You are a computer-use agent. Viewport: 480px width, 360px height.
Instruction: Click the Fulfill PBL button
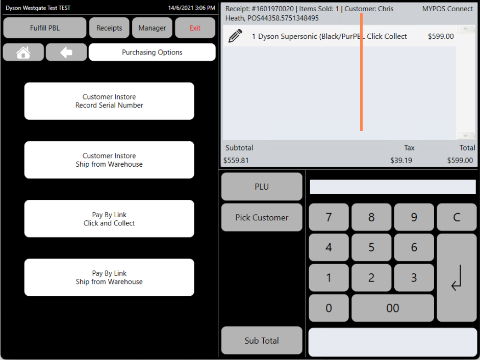click(45, 28)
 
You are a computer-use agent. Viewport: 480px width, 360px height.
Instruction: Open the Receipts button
click(109, 28)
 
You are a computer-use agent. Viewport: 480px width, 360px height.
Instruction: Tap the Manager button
click(152, 28)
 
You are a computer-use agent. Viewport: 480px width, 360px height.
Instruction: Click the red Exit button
click(195, 28)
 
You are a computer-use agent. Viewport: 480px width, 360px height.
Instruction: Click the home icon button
click(23, 53)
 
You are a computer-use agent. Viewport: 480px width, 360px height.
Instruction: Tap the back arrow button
click(66, 53)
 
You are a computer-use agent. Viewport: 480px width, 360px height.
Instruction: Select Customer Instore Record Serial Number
click(109, 101)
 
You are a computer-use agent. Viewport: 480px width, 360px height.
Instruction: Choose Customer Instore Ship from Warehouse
click(109, 160)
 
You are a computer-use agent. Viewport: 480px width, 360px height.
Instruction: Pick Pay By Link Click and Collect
click(109, 219)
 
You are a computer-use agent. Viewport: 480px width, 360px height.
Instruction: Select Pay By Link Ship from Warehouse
click(109, 277)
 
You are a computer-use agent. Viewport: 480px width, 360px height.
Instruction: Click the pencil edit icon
click(235, 36)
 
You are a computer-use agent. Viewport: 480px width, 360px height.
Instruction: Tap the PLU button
click(262, 187)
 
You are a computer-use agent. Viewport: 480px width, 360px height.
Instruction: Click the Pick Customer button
click(262, 217)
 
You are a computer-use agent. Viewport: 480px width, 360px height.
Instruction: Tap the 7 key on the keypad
click(329, 217)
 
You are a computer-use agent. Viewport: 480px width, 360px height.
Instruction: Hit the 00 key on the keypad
click(393, 308)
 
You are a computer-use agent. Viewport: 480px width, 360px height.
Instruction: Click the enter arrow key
click(457, 278)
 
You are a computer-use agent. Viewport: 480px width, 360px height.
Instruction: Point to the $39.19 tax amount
click(401, 161)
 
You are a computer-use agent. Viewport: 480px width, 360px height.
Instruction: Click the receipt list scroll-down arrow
click(465, 135)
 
